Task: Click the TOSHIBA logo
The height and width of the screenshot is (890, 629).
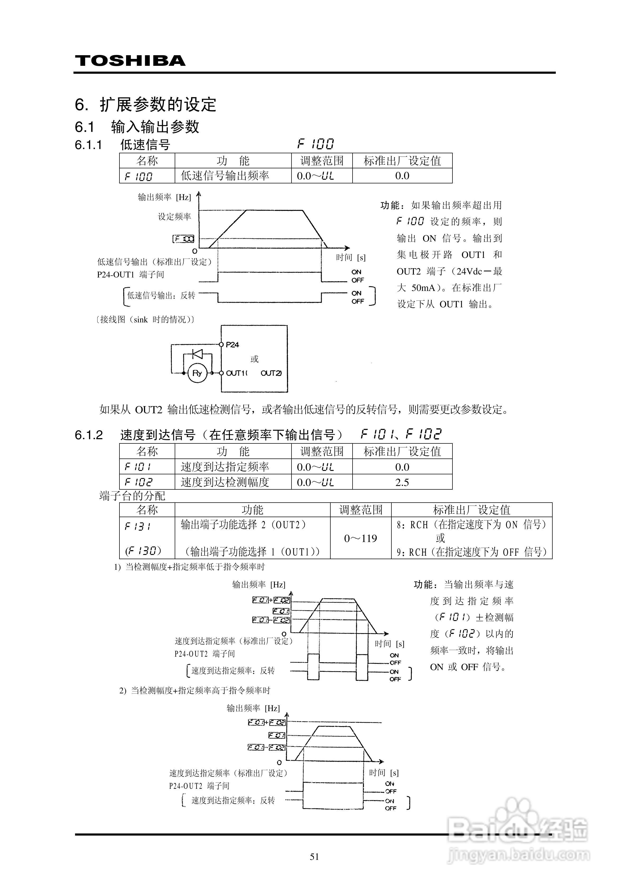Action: pos(130,61)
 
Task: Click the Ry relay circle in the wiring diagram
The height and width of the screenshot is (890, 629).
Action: pos(197,373)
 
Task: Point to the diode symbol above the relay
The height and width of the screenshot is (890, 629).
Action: pos(198,354)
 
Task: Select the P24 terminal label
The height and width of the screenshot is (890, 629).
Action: pos(232,345)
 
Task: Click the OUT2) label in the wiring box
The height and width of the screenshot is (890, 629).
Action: pos(271,373)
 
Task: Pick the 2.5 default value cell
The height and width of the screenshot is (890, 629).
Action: pos(402,482)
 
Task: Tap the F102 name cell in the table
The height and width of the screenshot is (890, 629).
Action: pos(138,482)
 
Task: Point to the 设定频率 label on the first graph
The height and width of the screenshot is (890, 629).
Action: pos(174,217)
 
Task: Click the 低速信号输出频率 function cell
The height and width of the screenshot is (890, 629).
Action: pos(225,176)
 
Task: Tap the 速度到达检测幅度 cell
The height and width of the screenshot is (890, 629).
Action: pos(225,482)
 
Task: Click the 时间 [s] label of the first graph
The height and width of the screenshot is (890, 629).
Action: pos(350,257)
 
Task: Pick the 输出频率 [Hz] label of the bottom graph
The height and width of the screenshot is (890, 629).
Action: pos(253,708)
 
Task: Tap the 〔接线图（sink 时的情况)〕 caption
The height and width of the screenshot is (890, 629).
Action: pos(145,319)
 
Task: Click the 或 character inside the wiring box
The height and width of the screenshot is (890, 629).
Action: pos(255,359)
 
